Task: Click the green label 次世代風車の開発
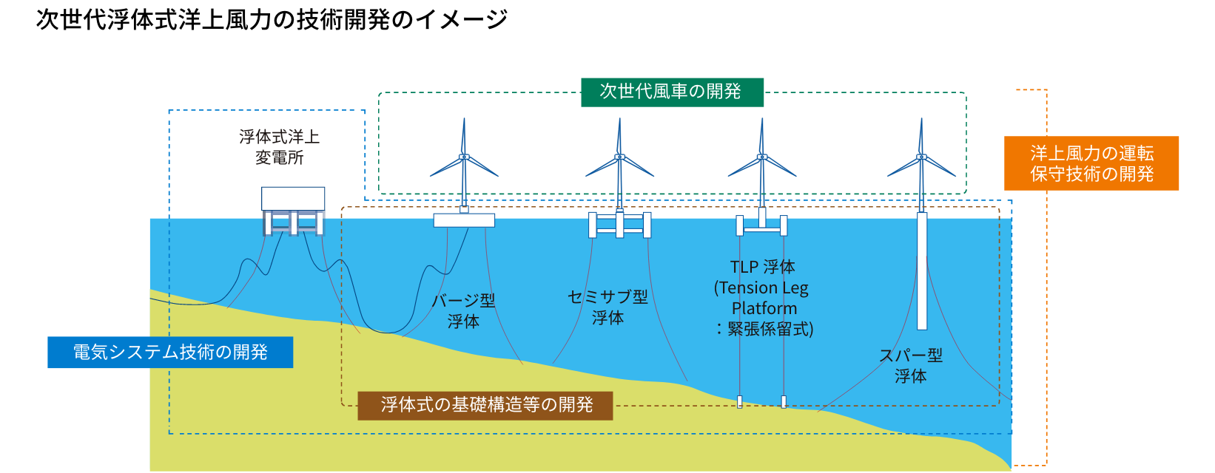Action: pyautogui.click(x=671, y=92)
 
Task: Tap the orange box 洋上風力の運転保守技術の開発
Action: pyautogui.click(x=1091, y=163)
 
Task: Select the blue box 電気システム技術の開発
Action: pyautogui.click(x=170, y=353)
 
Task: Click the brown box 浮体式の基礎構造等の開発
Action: pyautogui.click(x=485, y=405)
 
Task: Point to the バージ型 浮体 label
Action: pyautogui.click(x=463, y=311)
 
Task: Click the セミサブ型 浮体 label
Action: pyautogui.click(x=607, y=307)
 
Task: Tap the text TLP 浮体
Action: pyautogui.click(x=762, y=267)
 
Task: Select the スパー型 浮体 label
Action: pyautogui.click(x=910, y=366)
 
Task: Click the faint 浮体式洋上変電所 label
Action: pyautogui.click(x=279, y=147)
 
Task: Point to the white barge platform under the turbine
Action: pyautogui.click(x=464, y=220)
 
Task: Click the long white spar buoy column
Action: pyautogui.click(x=922, y=270)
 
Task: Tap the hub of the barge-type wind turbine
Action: pyautogui.click(x=464, y=157)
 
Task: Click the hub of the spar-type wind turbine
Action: pyautogui.click(x=921, y=157)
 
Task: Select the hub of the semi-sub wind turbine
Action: pyautogui.click(x=619, y=157)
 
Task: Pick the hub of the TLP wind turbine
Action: pyautogui.click(x=761, y=157)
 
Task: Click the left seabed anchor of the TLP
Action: pyautogui.click(x=739, y=402)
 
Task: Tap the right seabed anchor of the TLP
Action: pyautogui.click(x=784, y=401)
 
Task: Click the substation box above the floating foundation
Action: pyautogui.click(x=293, y=199)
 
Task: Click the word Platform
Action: pyautogui.click(x=764, y=308)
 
